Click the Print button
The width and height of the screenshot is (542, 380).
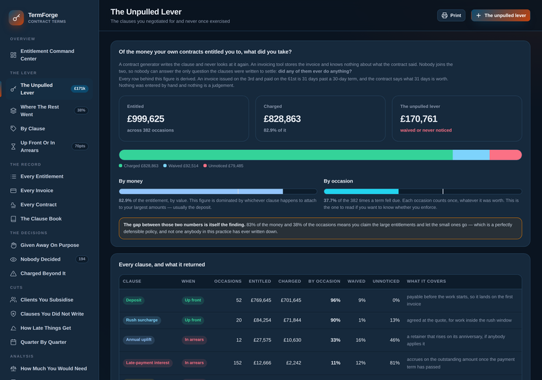tap(451, 16)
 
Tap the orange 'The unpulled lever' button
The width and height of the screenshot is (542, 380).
tap(501, 16)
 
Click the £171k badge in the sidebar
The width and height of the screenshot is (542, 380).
tap(80, 89)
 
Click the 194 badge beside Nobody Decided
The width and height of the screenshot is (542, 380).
tap(82, 259)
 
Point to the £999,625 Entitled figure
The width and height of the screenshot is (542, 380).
tap(146, 119)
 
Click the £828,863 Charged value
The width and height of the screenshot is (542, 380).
tap(282, 119)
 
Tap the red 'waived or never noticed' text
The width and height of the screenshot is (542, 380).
tap(426, 130)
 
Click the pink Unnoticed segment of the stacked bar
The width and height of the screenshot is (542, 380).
tap(505, 155)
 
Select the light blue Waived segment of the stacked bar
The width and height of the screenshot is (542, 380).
tap(471, 155)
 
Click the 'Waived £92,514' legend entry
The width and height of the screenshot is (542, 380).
tap(181, 166)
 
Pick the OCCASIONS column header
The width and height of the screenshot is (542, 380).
tap(228, 282)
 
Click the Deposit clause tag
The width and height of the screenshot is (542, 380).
tap(133, 301)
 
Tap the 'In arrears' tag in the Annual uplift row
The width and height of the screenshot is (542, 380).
tap(194, 340)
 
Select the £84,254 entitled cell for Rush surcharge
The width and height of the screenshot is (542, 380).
tap(262, 320)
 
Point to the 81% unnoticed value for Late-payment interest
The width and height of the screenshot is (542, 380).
tap(395, 363)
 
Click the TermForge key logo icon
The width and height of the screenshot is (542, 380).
tap(16, 18)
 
